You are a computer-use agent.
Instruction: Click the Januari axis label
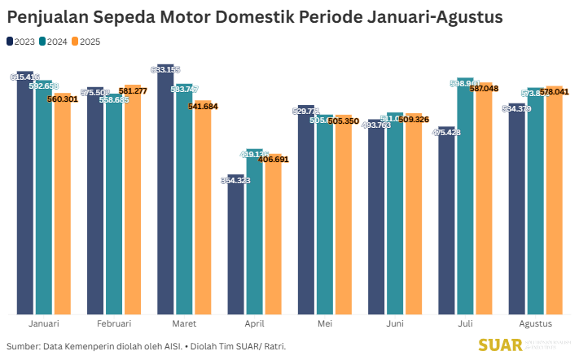(x=43, y=324)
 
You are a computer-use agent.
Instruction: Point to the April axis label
(x=254, y=324)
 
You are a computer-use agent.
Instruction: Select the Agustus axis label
(x=535, y=324)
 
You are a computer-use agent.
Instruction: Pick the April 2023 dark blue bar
(x=236, y=244)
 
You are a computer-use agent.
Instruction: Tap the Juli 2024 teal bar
(x=465, y=195)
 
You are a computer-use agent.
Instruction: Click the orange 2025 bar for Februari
(x=132, y=200)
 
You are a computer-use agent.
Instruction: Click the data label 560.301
(x=63, y=99)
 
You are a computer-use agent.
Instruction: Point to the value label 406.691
(x=273, y=159)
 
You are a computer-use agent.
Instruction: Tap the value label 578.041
(x=554, y=92)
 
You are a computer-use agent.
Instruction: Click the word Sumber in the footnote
(x=24, y=346)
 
